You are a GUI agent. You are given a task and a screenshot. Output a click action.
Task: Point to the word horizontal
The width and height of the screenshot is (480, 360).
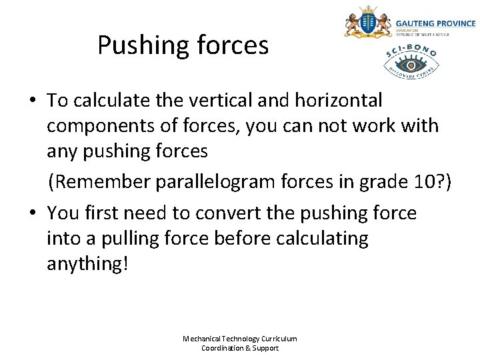pos(344,101)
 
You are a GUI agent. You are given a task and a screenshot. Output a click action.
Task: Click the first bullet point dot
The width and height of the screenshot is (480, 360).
pos(33,101)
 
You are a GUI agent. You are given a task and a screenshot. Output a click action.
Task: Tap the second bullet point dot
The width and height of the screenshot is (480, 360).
pos(33,214)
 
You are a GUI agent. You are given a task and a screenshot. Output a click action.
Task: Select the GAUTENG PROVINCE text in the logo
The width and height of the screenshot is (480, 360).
pos(436,23)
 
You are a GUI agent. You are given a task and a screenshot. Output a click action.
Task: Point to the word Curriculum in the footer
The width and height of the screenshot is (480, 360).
pos(279,339)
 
